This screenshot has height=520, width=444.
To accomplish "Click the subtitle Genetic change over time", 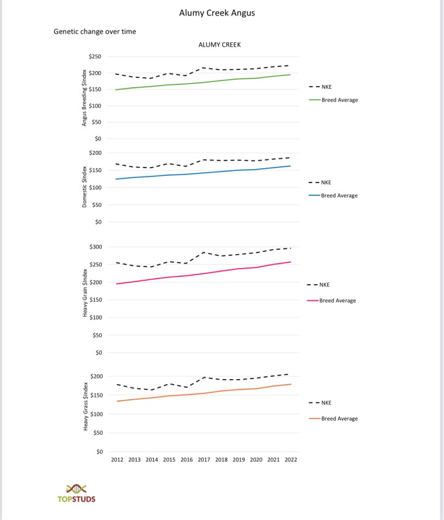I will point(95,32).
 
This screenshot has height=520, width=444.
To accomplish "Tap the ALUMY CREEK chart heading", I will point(219,44).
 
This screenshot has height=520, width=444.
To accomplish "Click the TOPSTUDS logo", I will point(76,493).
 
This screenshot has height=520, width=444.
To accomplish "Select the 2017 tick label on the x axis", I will point(204,460).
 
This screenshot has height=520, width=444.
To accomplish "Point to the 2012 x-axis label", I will point(117,460).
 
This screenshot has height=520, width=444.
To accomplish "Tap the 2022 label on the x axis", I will point(290,460).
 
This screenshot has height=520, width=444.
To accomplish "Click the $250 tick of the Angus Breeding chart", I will point(95,57).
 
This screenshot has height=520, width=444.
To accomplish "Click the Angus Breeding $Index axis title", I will point(84,97).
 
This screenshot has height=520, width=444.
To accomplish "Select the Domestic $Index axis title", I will point(84,187).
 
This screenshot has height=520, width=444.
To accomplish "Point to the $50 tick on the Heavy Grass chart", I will point(97,433).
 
